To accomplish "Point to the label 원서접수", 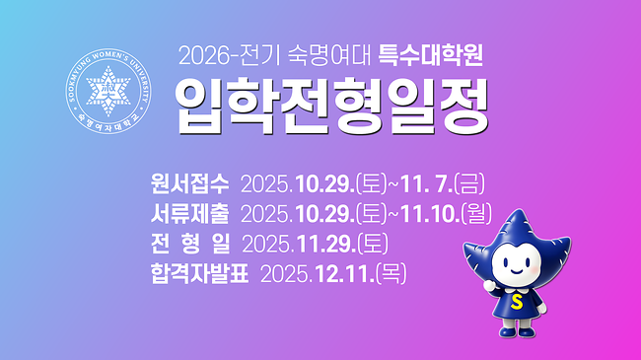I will click(189, 183).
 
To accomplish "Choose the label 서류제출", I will click(189, 212).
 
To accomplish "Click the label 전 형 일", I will click(189, 242).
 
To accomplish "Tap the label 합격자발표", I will click(199, 271).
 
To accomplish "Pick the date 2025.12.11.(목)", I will click(334, 271).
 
